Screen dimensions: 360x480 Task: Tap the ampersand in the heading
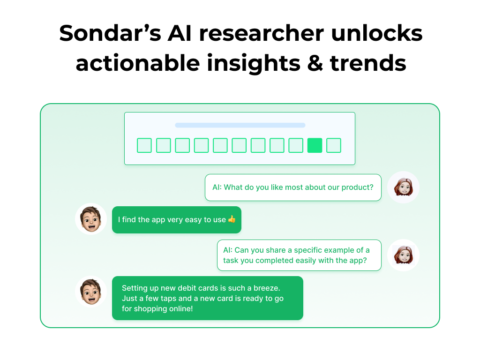pos(311,62)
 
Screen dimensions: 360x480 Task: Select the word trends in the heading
pos(368,62)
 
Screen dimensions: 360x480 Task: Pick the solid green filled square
pos(315,145)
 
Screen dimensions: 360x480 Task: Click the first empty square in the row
pos(144,145)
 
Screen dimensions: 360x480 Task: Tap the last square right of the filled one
pos(334,145)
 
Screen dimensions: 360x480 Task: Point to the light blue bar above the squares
pos(240,125)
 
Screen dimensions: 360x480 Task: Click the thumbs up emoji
pos(232,219)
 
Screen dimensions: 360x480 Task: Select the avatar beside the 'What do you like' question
pos(403,187)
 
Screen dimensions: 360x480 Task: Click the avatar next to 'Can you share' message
pos(403,255)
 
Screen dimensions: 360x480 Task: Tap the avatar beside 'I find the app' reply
pos(91,219)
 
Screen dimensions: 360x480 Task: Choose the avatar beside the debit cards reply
pos(91,292)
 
